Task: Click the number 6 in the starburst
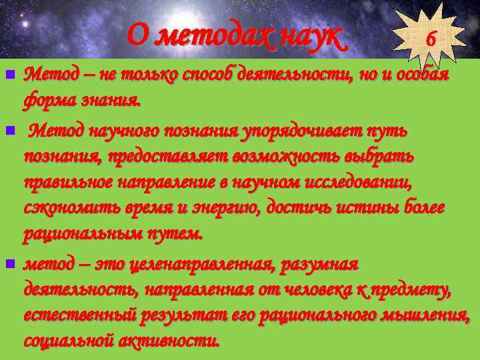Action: coord(431,39)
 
